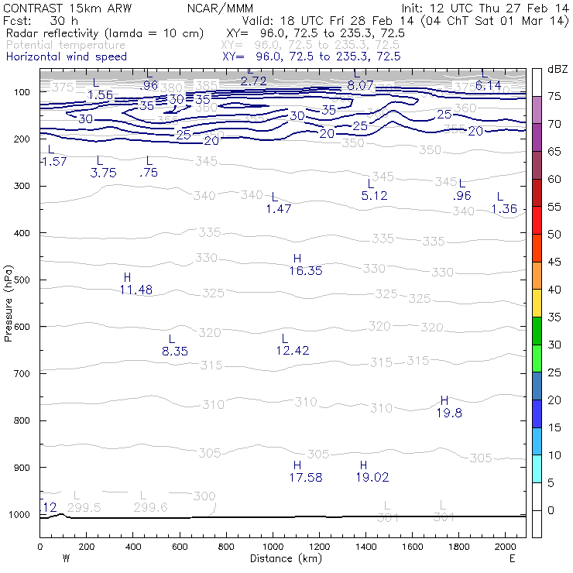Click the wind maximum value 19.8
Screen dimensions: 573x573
click(x=449, y=413)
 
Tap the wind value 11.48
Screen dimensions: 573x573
click(x=136, y=290)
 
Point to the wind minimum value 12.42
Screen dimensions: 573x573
click(x=293, y=351)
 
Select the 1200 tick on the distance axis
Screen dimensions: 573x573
click(x=319, y=546)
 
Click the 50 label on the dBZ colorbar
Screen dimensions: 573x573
click(x=554, y=234)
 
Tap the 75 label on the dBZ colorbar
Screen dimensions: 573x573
click(x=554, y=96)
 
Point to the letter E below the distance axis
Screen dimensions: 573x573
click(x=512, y=558)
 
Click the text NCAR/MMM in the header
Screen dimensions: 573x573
click(x=220, y=7)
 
